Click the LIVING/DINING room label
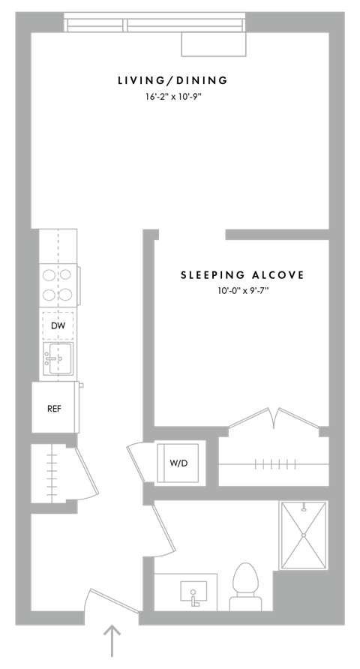(x=172, y=80)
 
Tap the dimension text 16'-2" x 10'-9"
(x=172, y=97)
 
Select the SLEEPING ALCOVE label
(x=242, y=275)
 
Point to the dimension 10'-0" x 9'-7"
(x=243, y=292)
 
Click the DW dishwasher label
(x=58, y=326)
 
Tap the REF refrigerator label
(x=54, y=409)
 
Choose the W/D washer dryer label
(x=178, y=463)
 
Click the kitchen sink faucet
(x=50, y=359)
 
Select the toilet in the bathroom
(x=246, y=587)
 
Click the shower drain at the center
(x=303, y=535)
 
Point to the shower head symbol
(x=304, y=508)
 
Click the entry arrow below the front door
(x=112, y=640)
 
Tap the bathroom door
(x=164, y=529)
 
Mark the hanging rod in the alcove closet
(x=274, y=464)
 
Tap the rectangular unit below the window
(x=214, y=44)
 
